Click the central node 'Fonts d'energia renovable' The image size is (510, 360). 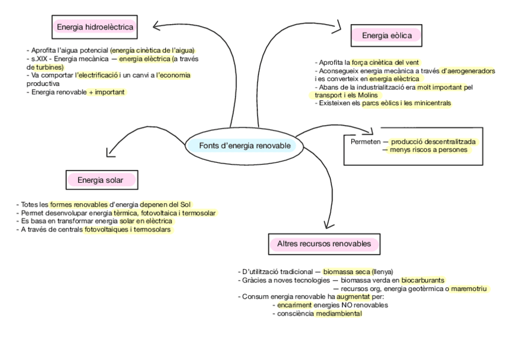point(244,145)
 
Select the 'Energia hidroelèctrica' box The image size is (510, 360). point(94,26)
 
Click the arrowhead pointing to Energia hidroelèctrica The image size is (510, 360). point(158,25)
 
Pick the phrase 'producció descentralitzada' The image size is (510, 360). point(433,141)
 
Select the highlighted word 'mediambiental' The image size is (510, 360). point(338,313)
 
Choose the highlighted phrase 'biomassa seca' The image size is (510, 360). point(346,272)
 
